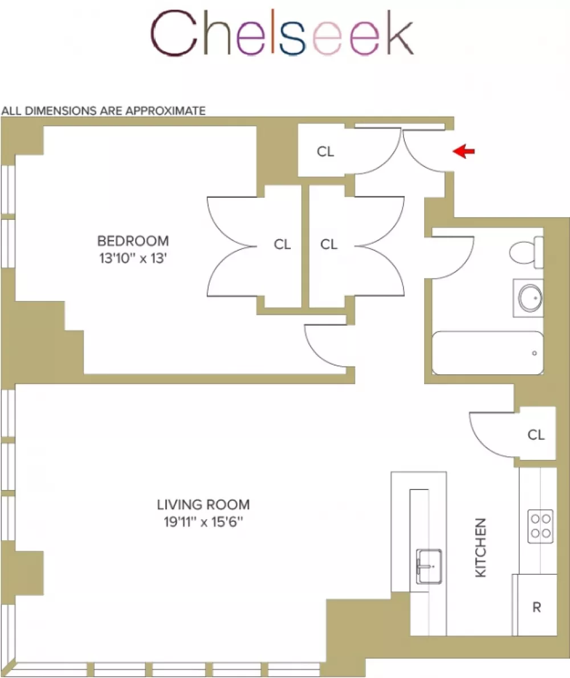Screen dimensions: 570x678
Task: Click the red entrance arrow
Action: coord(463,152)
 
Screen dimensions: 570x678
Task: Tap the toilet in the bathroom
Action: coord(526,252)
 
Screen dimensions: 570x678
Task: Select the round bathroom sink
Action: coord(530,298)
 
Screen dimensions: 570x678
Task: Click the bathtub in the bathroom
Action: coord(488,353)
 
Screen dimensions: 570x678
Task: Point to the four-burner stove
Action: coord(540,526)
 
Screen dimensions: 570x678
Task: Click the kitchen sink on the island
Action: coord(429,566)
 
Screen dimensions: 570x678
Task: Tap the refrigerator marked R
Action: coord(535,605)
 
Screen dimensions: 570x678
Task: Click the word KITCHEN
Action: coord(481,548)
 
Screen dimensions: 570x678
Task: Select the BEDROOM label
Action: coord(133,241)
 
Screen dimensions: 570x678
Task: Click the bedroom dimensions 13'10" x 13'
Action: coord(133,258)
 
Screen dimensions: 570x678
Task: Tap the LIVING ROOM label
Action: coord(203,505)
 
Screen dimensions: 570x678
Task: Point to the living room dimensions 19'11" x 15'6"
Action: coord(203,522)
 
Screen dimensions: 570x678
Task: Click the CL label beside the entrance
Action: coord(325,152)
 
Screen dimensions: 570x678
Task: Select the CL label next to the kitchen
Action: coord(536,435)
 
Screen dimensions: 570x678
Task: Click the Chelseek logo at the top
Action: coord(282,33)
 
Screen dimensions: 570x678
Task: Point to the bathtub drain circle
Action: coord(534,353)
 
